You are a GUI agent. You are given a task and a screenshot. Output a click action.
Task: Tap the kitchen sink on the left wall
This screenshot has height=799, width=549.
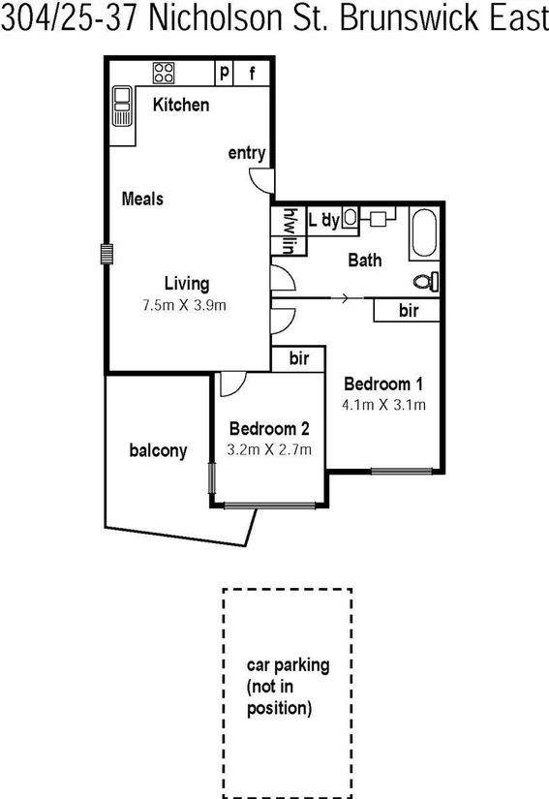pos(121,105)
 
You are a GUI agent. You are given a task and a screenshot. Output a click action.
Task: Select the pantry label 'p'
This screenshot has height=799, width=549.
pos(225,72)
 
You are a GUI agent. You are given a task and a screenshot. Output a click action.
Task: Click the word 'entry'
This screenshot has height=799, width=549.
pos(247,153)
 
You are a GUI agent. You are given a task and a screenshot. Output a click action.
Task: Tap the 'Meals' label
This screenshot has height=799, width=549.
pos(142,199)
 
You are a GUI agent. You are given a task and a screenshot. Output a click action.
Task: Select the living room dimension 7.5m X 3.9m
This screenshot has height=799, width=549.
pos(184,305)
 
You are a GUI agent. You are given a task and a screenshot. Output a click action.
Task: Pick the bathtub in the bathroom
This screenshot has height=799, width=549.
pos(424,234)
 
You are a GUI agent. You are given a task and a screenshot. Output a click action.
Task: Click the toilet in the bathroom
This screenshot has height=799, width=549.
pos(425,282)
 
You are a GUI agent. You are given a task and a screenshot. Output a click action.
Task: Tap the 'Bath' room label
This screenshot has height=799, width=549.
pos(365,260)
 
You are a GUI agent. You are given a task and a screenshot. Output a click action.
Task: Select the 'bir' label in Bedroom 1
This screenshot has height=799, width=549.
pos(409,310)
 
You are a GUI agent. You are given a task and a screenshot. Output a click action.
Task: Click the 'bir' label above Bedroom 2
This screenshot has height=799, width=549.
pos(299,358)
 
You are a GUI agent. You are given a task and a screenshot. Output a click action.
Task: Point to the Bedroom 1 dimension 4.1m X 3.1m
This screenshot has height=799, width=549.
pos(384,405)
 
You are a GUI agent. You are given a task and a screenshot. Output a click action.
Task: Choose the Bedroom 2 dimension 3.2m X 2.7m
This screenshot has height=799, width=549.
pos(268,449)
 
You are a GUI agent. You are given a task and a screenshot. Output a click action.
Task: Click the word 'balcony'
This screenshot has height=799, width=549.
pos(158,450)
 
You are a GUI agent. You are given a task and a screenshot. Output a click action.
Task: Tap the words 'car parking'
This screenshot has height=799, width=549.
pos(288,665)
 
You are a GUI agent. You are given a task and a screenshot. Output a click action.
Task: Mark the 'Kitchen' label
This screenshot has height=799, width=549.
pos(180,105)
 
